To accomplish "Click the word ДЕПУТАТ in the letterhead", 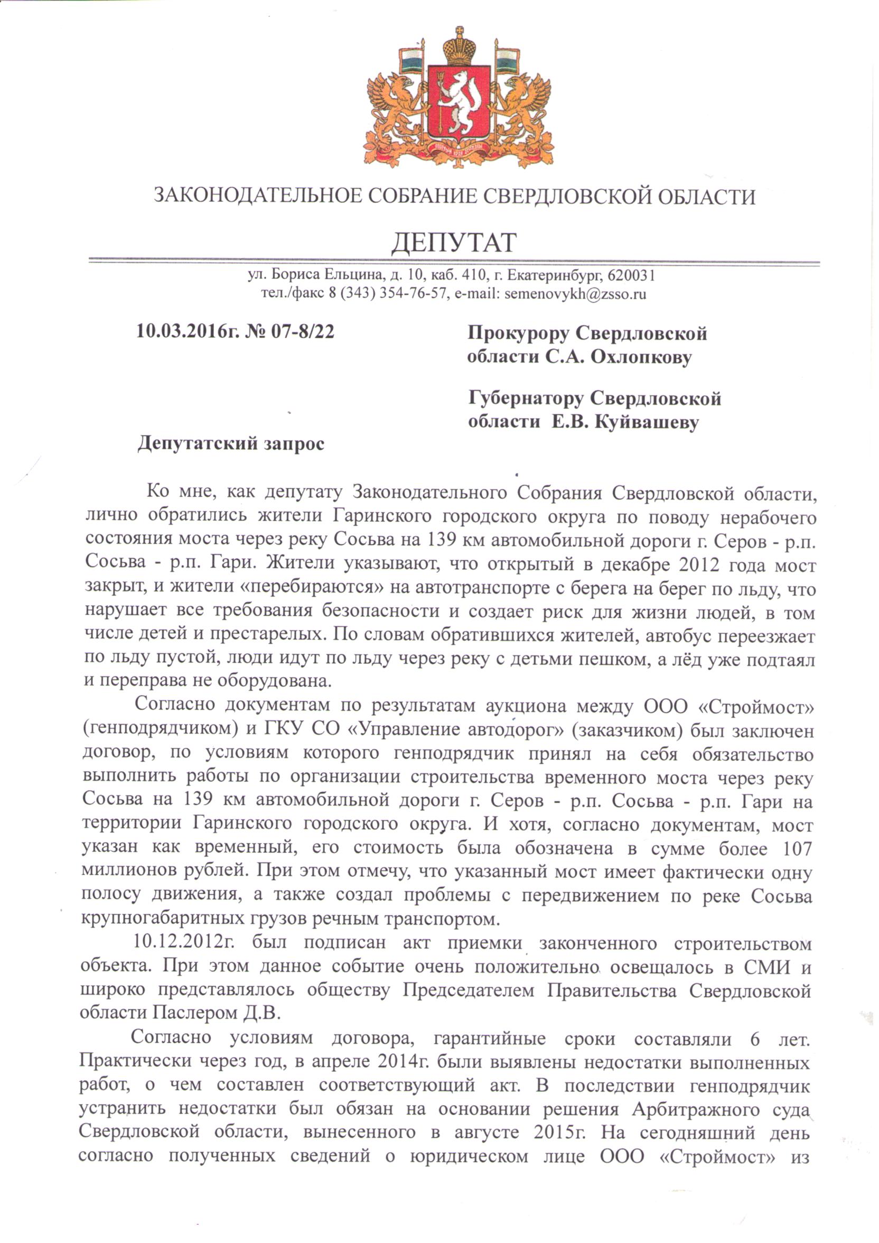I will point(454,243).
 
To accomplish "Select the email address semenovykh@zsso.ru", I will point(575,294).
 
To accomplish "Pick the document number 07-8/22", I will point(302,331).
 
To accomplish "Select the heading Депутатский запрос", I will point(231,443).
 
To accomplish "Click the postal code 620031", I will point(632,275).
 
